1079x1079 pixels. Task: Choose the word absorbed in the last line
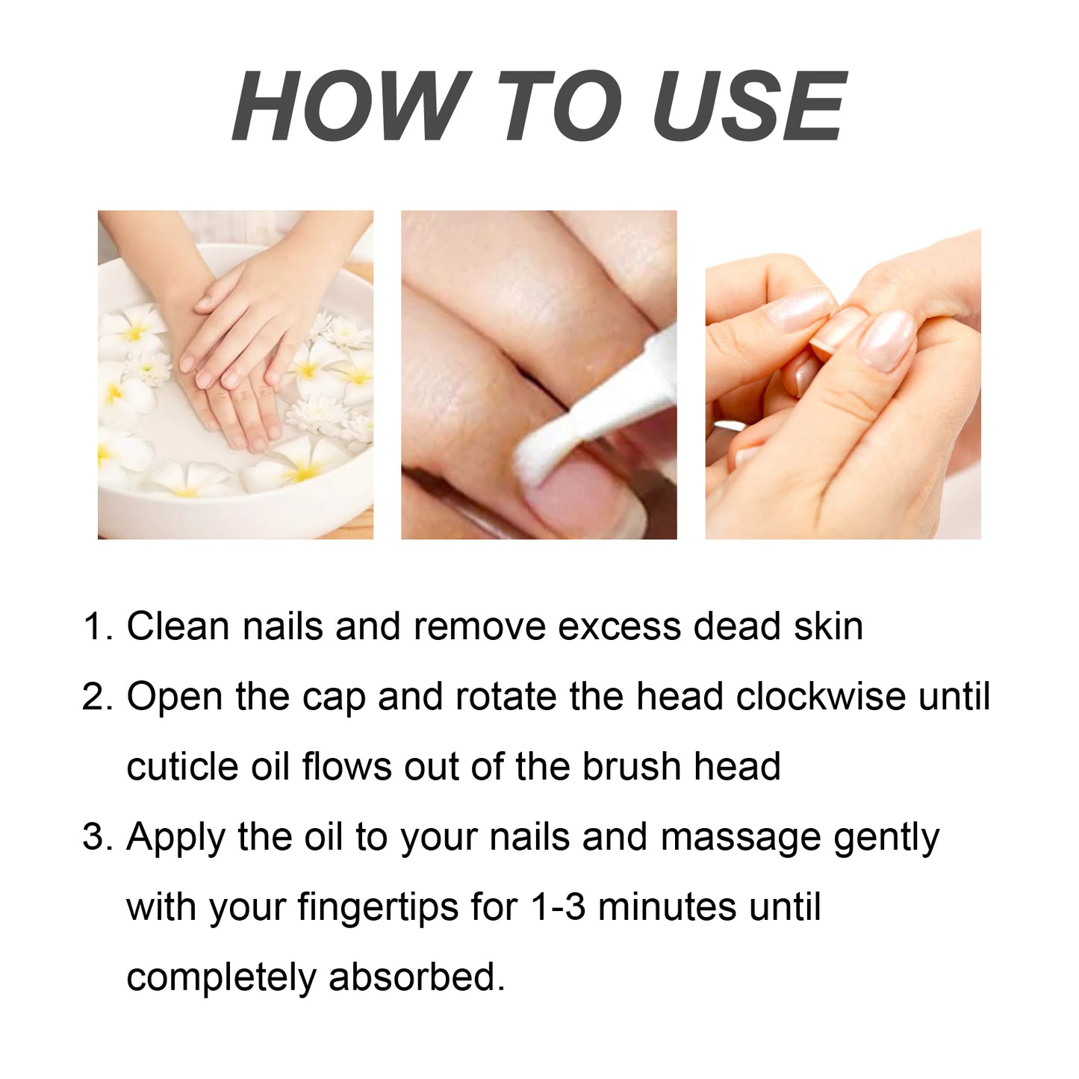click(416, 977)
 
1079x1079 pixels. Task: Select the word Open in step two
click(175, 697)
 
